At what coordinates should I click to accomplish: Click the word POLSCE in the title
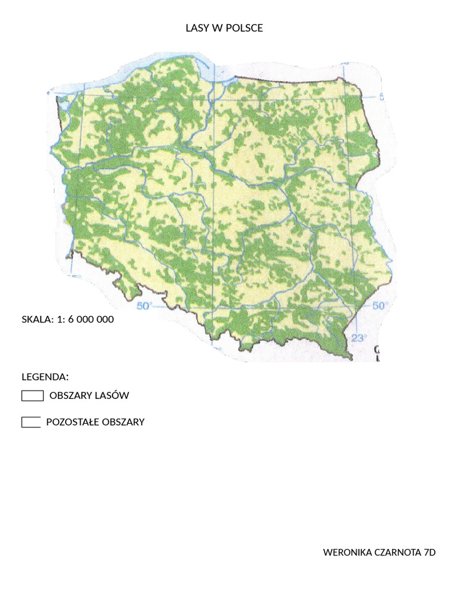point(244,28)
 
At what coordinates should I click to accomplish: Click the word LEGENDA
point(45,377)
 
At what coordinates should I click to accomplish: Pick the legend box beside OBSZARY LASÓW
point(33,396)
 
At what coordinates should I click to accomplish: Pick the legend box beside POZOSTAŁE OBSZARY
point(31,422)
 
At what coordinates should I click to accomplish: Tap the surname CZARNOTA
point(398,552)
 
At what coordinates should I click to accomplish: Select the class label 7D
point(430,552)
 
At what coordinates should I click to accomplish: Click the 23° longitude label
point(358,338)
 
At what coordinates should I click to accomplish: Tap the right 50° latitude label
point(379,306)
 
